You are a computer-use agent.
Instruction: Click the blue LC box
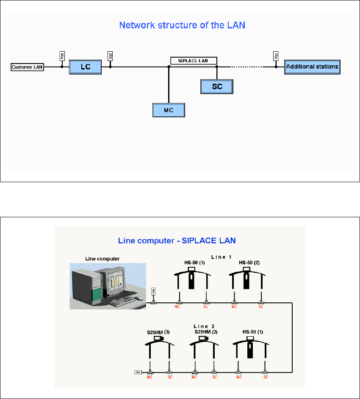click(x=86, y=67)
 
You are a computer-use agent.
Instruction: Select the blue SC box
click(x=217, y=86)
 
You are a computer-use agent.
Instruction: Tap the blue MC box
click(x=169, y=110)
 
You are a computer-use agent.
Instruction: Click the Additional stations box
click(x=312, y=67)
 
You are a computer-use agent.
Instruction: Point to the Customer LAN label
click(x=28, y=67)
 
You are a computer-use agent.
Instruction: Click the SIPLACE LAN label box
click(x=194, y=61)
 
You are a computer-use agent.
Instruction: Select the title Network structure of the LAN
click(x=183, y=25)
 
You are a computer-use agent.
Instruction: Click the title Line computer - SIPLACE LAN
click(x=177, y=241)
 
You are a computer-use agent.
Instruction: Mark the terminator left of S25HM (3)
click(x=138, y=372)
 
